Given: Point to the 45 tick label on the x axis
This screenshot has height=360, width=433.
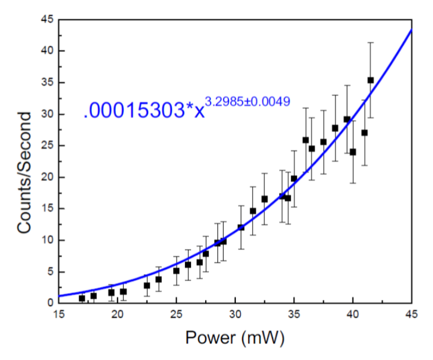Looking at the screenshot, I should click(x=411, y=315).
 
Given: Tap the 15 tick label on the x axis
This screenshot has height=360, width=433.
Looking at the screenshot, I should click(x=59, y=315).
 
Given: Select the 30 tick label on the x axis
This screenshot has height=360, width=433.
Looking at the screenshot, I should click(x=235, y=315).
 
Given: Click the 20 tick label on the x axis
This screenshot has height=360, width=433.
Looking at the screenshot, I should click(x=118, y=315).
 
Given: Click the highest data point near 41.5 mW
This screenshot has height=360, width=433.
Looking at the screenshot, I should click(x=371, y=80).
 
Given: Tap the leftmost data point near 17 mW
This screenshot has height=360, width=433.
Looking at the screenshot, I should click(x=82, y=298).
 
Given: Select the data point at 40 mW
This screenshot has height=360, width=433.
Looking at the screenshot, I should click(x=353, y=152).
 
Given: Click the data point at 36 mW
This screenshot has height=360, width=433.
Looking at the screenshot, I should click(x=305, y=140).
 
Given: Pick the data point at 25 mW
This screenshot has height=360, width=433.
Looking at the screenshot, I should click(x=176, y=271).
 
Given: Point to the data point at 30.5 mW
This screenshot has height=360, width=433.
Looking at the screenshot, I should click(x=241, y=227).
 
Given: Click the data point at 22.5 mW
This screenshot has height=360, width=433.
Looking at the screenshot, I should click(x=147, y=285).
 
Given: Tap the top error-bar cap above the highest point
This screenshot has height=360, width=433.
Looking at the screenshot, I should click(x=371, y=42).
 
